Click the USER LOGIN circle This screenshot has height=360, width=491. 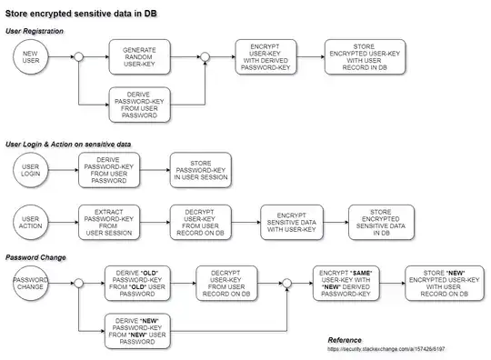tap(30, 170)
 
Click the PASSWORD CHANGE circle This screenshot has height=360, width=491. tap(30, 283)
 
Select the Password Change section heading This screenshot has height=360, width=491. tap(36, 257)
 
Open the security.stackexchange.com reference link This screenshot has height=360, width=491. tap(386, 350)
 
